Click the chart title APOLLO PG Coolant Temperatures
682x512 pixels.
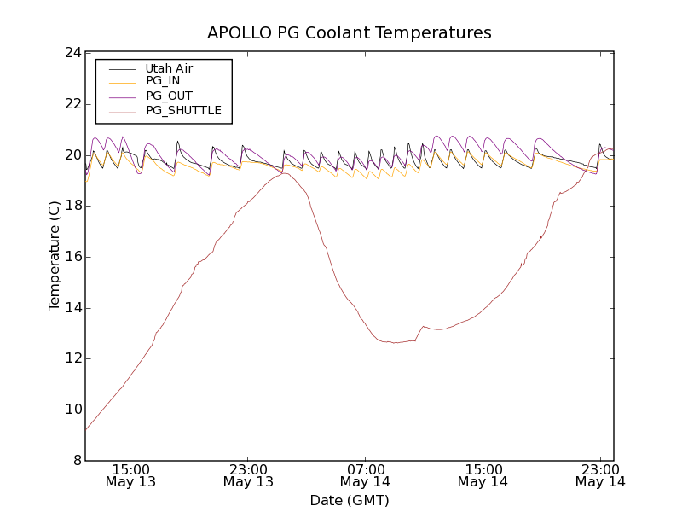point(350,33)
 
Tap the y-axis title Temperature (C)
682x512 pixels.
point(55,256)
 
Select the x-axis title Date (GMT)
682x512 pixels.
point(350,500)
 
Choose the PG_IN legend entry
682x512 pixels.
point(163,81)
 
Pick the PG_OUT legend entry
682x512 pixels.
point(169,96)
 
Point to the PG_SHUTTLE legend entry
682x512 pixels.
point(183,110)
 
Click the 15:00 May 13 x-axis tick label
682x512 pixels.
point(131,475)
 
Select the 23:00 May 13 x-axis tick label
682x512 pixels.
point(249,475)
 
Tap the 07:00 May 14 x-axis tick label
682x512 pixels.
point(366,475)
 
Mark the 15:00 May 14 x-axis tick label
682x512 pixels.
point(483,475)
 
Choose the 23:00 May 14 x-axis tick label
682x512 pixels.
point(600,475)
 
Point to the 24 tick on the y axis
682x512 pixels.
point(72,53)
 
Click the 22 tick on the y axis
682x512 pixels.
point(72,104)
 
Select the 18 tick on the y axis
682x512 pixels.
point(72,206)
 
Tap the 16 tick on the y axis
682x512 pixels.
point(72,257)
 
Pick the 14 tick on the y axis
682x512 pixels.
point(72,308)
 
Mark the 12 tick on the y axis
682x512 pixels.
point(72,358)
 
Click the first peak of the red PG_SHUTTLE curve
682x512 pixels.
point(285,173)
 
